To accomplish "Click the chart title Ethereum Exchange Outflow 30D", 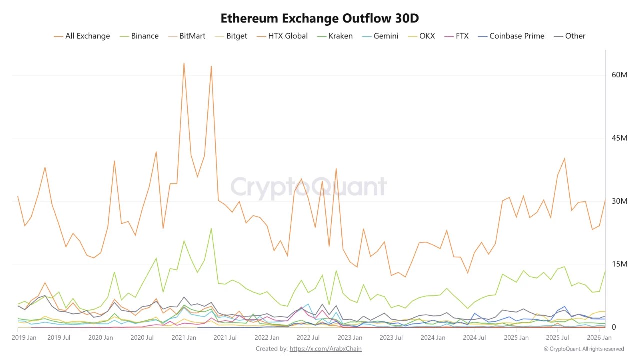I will click(x=320, y=18).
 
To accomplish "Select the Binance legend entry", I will click(x=144, y=36).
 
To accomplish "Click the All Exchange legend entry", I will click(x=87, y=36).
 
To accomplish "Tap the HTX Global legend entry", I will click(x=287, y=36).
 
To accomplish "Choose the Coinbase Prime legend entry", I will click(x=516, y=36).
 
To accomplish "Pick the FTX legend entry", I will click(x=462, y=36).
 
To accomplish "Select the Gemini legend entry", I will click(x=386, y=36).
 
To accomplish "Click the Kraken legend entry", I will click(x=340, y=36).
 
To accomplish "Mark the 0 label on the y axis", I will click(x=614, y=327).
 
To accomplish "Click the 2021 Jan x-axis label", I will click(x=184, y=338).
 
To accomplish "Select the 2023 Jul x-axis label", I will click(x=391, y=338).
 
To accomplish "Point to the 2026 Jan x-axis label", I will click(x=599, y=338).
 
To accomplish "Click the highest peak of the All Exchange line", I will click(x=184, y=63).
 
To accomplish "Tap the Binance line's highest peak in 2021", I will click(x=211, y=229).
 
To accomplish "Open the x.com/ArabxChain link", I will click(x=325, y=349).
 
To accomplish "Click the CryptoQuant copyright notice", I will click(x=584, y=349).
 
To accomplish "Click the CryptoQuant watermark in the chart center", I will click(x=308, y=187).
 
